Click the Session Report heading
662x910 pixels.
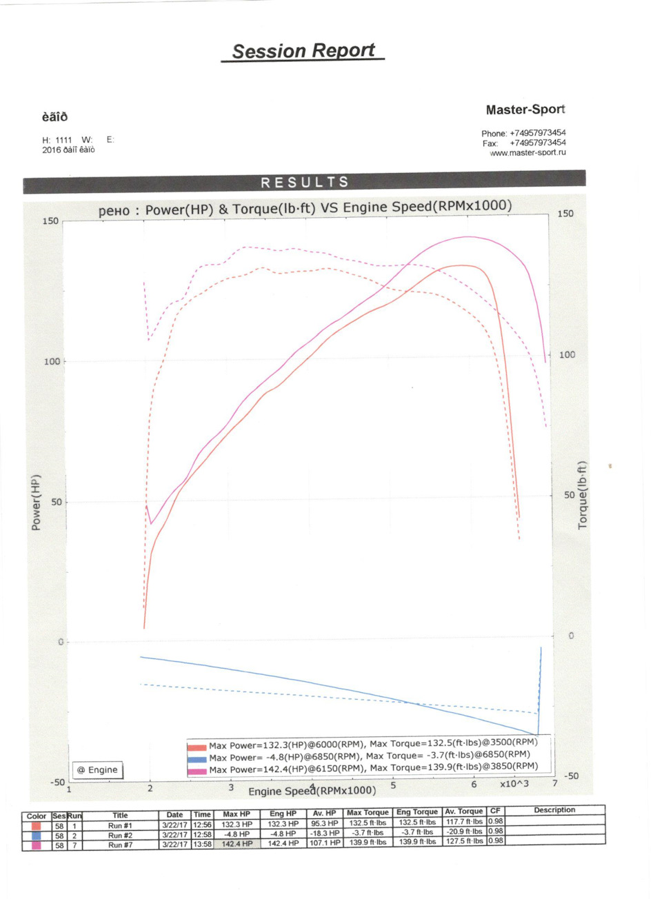(x=303, y=51)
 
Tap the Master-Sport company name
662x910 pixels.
(x=525, y=110)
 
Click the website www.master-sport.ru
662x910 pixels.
(x=528, y=152)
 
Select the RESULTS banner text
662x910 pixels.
(x=305, y=182)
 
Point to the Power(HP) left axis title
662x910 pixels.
(x=36, y=502)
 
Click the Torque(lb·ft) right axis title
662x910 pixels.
(x=583, y=495)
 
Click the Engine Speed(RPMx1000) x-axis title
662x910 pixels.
(x=312, y=791)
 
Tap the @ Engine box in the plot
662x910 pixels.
(x=97, y=769)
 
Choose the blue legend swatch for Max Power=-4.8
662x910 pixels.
(x=197, y=758)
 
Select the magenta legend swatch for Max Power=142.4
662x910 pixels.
(x=197, y=770)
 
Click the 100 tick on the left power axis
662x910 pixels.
(x=52, y=361)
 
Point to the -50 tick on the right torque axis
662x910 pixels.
(x=572, y=776)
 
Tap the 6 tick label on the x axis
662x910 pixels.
(x=474, y=785)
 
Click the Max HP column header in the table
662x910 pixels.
(x=237, y=814)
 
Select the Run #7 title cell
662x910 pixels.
(x=120, y=845)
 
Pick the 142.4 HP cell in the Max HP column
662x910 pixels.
(x=237, y=844)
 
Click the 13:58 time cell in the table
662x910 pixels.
(x=202, y=844)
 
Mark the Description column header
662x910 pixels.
(x=554, y=810)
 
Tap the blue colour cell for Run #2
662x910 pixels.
(x=36, y=836)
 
